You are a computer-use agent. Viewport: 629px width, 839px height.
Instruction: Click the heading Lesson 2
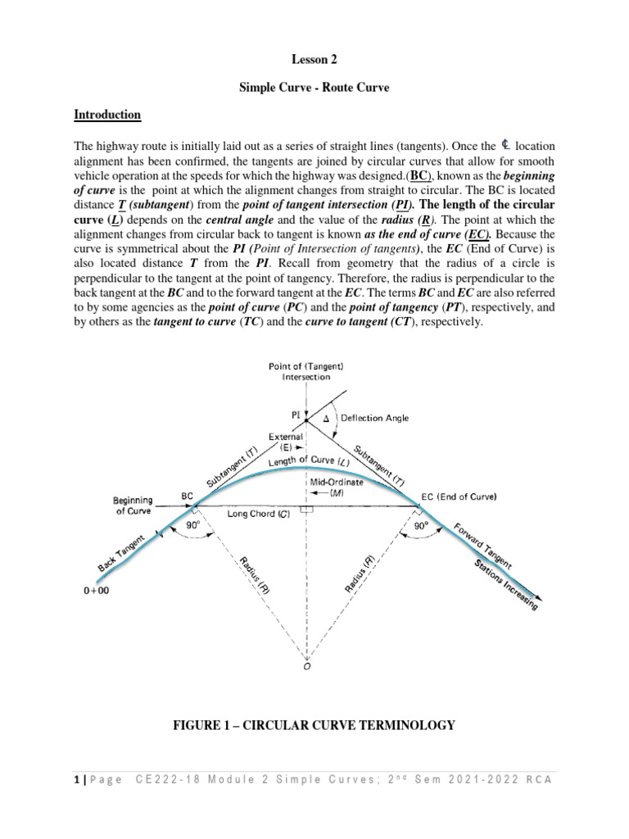[314, 60]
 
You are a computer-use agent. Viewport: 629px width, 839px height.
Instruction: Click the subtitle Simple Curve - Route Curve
[314, 88]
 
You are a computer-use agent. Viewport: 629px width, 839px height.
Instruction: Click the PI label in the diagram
[296, 414]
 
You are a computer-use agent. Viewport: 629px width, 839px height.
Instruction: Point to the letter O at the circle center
[306, 666]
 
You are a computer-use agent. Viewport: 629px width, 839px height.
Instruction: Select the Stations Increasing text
[505, 585]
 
